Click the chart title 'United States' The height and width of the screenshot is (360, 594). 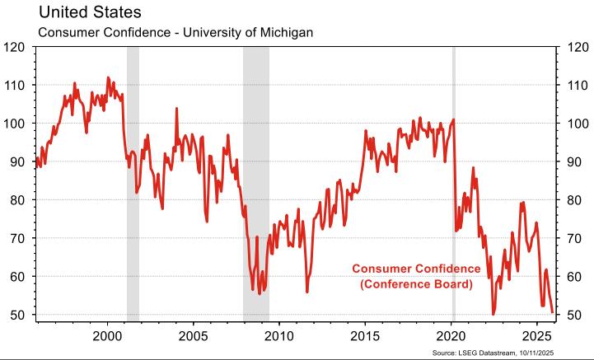point(83,13)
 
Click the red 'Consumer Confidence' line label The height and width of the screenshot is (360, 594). point(416,269)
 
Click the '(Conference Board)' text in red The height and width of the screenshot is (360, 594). point(416,284)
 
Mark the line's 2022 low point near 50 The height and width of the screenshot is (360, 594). point(493,313)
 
